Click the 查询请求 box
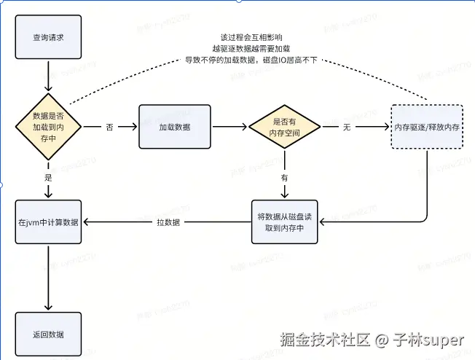(48, 36)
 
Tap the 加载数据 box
(175, 126)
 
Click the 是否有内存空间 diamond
(285, 126)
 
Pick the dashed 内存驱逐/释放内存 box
(426, 126)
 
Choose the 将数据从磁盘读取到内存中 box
(286, 222)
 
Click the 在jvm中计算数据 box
(48, 222)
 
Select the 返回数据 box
(48, 334)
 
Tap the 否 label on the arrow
(109, 127)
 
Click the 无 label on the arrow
(348, 127)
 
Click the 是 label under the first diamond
(48, 177)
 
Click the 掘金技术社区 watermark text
(326, 340)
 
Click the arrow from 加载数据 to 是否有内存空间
(229, 126)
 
